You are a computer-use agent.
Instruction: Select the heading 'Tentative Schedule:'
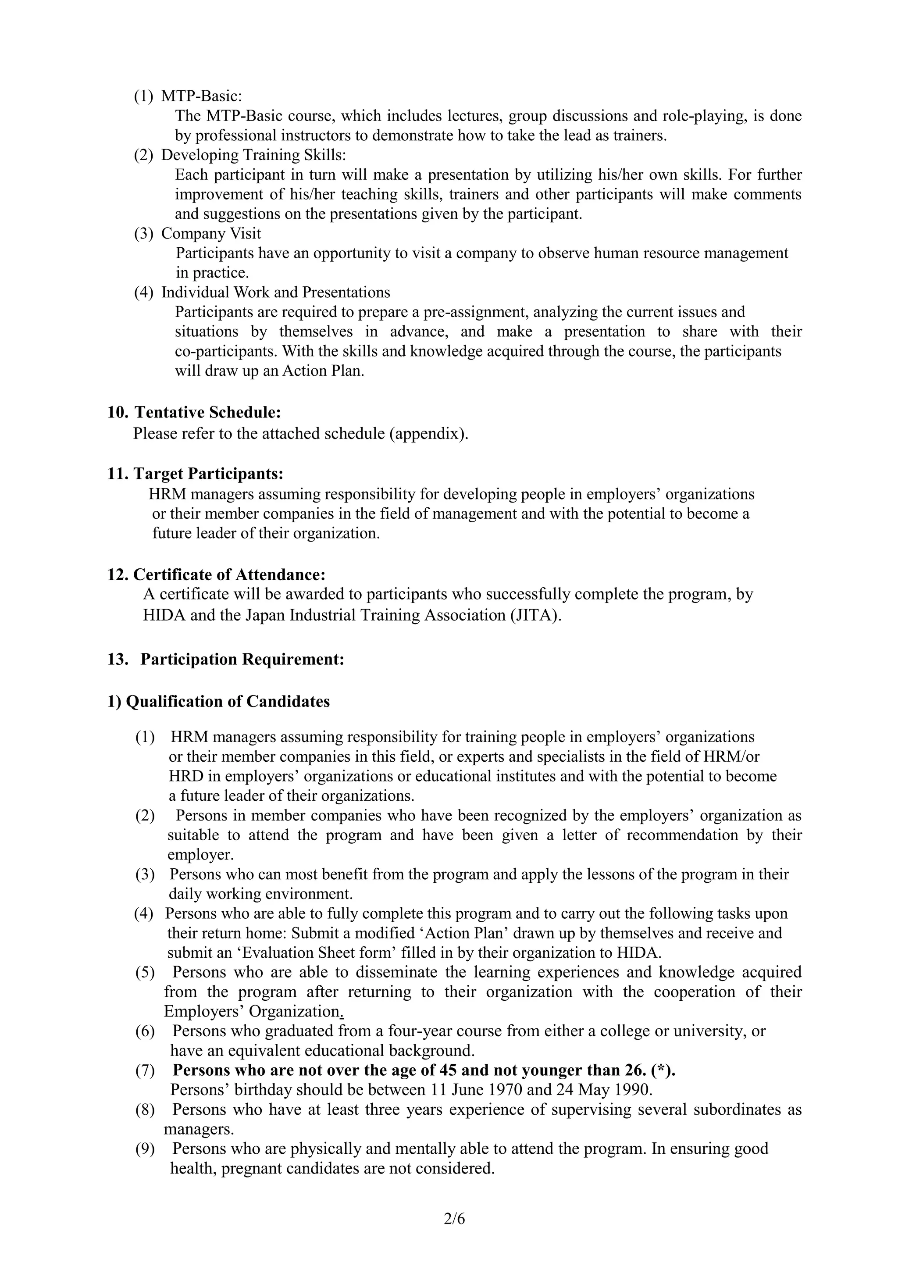pyautogui.click(x=207, y=412)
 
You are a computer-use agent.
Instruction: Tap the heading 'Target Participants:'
pyautogui.click(x=208, y=474)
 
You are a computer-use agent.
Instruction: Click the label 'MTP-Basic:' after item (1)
pyautogui.click(x=201, y=96)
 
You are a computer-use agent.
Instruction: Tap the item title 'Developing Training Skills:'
pyautogui.click(x=253, y=155)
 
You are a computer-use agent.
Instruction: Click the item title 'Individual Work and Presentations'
pyautogui.click(x=275, y=292)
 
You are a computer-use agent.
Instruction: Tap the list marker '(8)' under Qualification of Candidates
pyautogui.click(x=145, y=1109)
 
